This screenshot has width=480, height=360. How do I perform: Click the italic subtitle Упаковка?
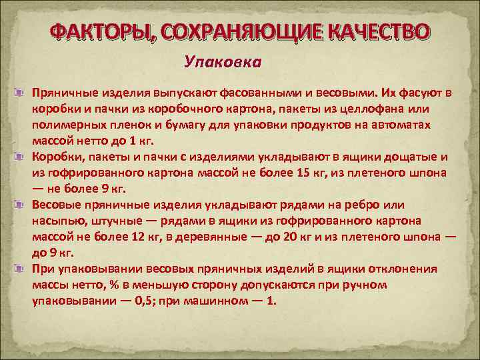pos(223,63)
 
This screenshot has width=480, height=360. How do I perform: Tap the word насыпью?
pos(57,221)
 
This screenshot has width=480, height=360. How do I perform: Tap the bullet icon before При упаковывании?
pos(23,269)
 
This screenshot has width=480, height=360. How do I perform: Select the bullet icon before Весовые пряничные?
pos(23,205)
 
